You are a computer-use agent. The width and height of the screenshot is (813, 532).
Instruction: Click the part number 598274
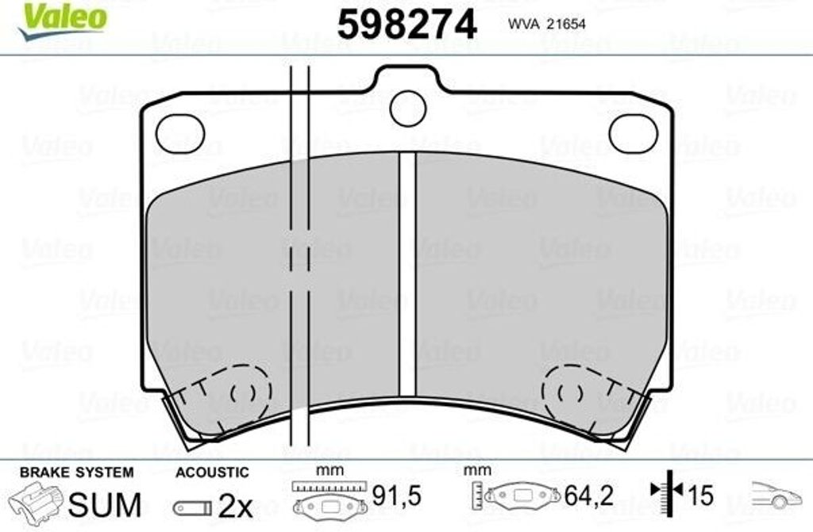407,25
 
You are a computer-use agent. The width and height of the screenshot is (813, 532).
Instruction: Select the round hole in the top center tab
408,109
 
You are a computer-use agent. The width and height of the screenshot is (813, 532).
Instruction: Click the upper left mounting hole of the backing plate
180,133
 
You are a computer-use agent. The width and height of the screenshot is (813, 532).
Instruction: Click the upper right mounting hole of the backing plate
633,133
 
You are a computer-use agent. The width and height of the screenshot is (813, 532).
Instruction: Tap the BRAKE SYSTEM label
76,472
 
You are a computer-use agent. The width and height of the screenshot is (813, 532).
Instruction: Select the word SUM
105,503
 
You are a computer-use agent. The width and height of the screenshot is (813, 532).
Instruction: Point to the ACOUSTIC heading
212,473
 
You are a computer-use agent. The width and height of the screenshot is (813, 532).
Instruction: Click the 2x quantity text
235,504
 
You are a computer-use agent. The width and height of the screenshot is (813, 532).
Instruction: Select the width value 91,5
396,497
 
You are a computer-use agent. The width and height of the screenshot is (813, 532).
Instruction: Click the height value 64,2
588,497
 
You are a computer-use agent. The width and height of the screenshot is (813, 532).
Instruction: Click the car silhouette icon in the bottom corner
776,496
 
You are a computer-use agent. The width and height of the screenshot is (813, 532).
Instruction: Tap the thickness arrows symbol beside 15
667,495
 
